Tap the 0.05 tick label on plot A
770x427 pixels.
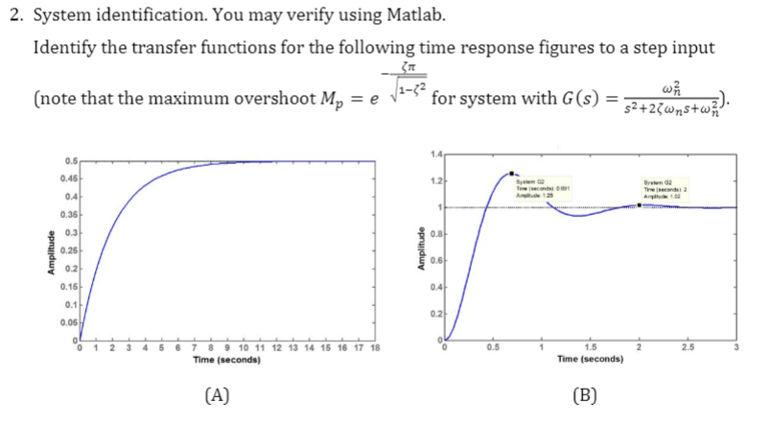click(68, 323)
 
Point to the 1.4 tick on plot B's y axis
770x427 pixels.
click(436, 154)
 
